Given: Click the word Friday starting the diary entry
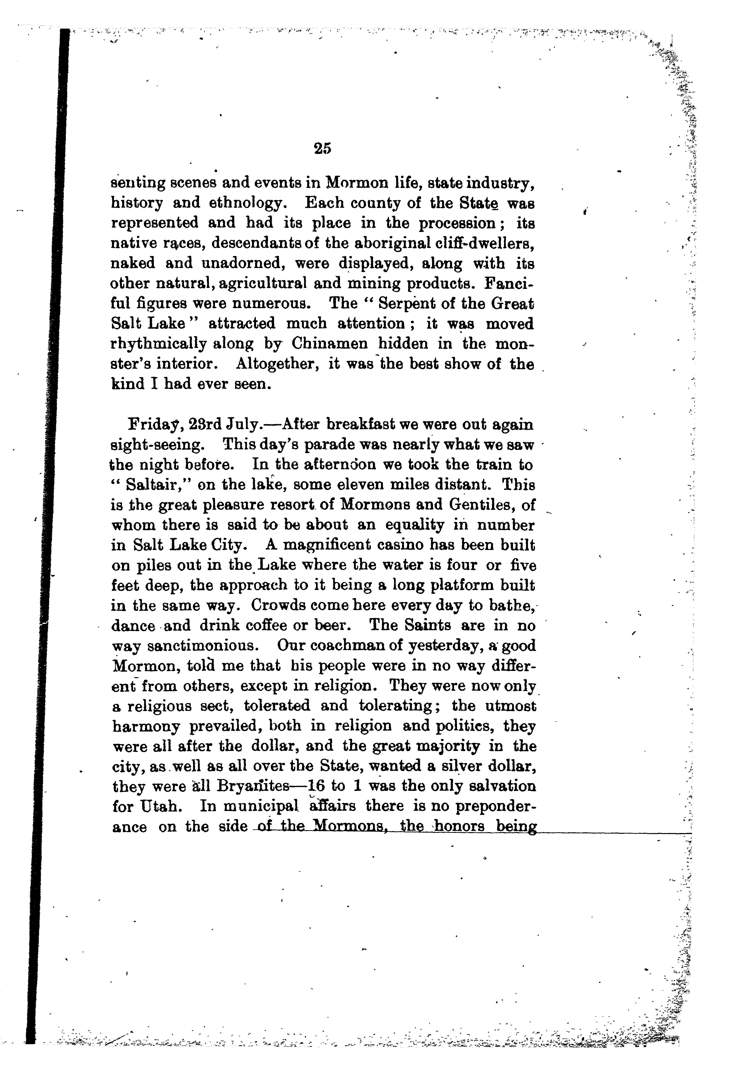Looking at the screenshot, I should (x=153, y=425).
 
